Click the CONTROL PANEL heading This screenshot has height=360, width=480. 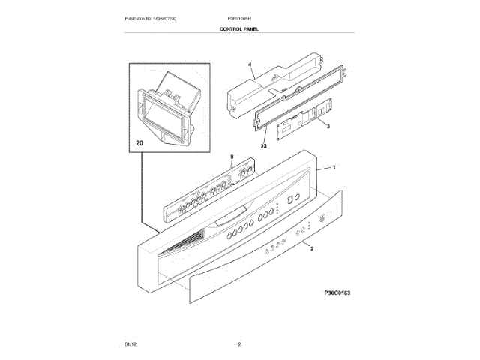(239, 28)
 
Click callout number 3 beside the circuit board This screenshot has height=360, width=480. (328, 129)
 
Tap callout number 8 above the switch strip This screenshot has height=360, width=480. (232, 157)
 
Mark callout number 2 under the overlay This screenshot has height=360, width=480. (311, 248)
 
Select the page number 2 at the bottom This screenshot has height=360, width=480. (239, 344)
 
